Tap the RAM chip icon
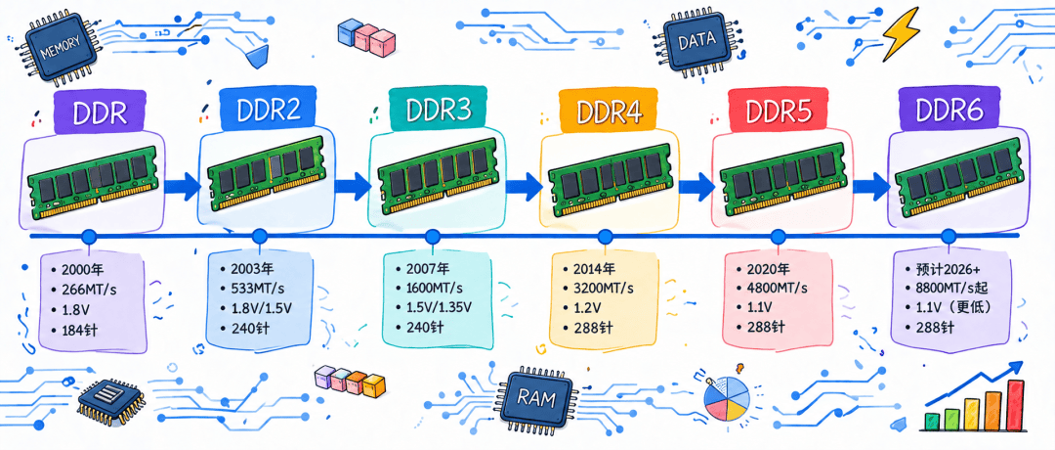pyautogui.click(x=536, y=399)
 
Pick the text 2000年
pyautogui.click(x=83, y=270)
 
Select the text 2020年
pyautogui.click(x=768, y=269)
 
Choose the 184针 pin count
pyautogui.click(x=78, y=331)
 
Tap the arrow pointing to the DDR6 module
pyautogui.click(x=870, y=183)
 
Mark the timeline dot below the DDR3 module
pyautogui.click(x=433, y=236)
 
